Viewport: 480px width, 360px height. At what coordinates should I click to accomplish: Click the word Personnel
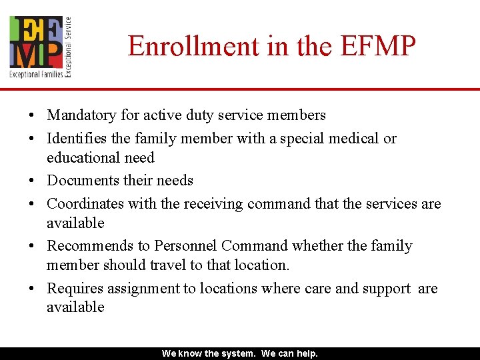click(x=183, y=246)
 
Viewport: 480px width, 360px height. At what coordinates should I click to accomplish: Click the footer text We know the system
click(x=209, y=354)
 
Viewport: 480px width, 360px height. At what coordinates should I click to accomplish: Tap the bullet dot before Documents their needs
click(x=32, y=181)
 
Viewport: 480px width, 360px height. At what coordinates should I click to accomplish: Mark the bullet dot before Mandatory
click(x=32, y=116)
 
